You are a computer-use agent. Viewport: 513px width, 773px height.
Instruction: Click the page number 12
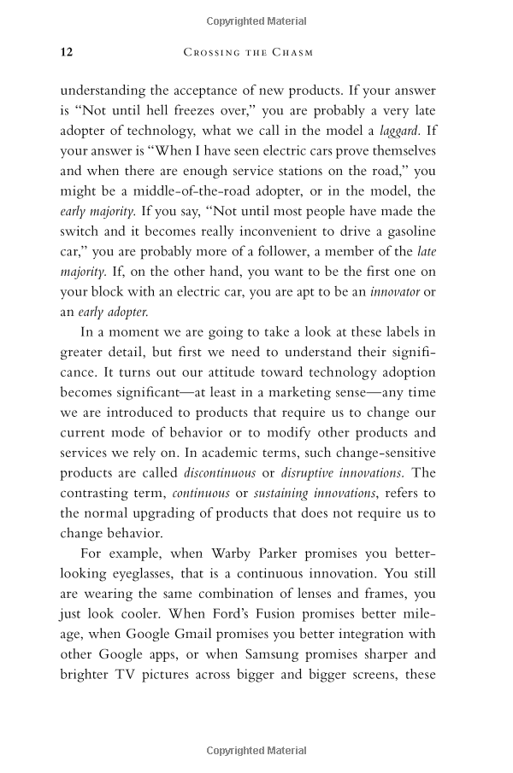(x=67, y=52)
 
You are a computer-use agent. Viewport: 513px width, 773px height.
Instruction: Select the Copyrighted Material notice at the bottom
(x=256, y=751)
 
